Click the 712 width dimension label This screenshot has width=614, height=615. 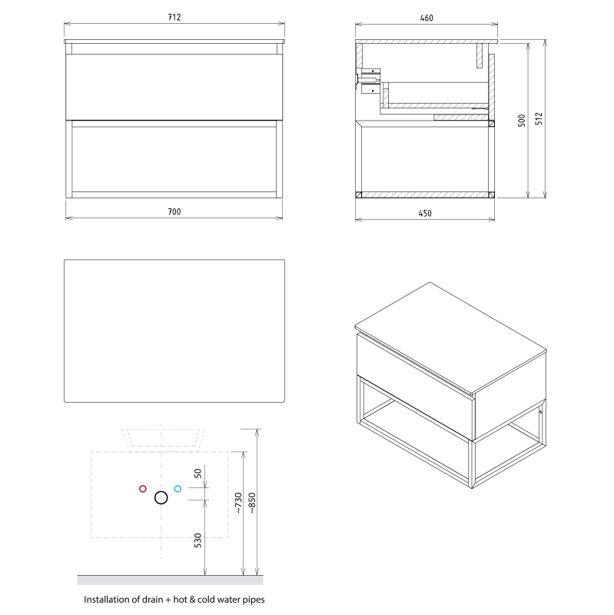[174, 17]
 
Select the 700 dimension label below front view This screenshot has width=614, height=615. [174, 212]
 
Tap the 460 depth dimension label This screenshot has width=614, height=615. [426, 18]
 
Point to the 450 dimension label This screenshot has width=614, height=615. [425, 214]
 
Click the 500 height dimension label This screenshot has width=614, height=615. [522, 121]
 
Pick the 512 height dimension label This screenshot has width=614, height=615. [539, 118]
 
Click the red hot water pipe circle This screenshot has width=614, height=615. [143, 489]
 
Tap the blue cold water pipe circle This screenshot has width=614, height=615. [178, 489]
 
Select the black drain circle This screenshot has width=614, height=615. [161, 497]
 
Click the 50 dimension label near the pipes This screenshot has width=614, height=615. [198, 474]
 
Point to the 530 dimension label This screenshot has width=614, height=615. [198, 540]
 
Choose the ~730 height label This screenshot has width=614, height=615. [238, 503]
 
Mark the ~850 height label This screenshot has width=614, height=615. [252, 503]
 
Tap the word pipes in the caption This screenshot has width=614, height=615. [254, 600]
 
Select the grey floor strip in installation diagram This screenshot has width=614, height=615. [170, 580]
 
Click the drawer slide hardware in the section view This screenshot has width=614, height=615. [368, 81]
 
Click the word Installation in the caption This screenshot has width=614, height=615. [108, 600]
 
